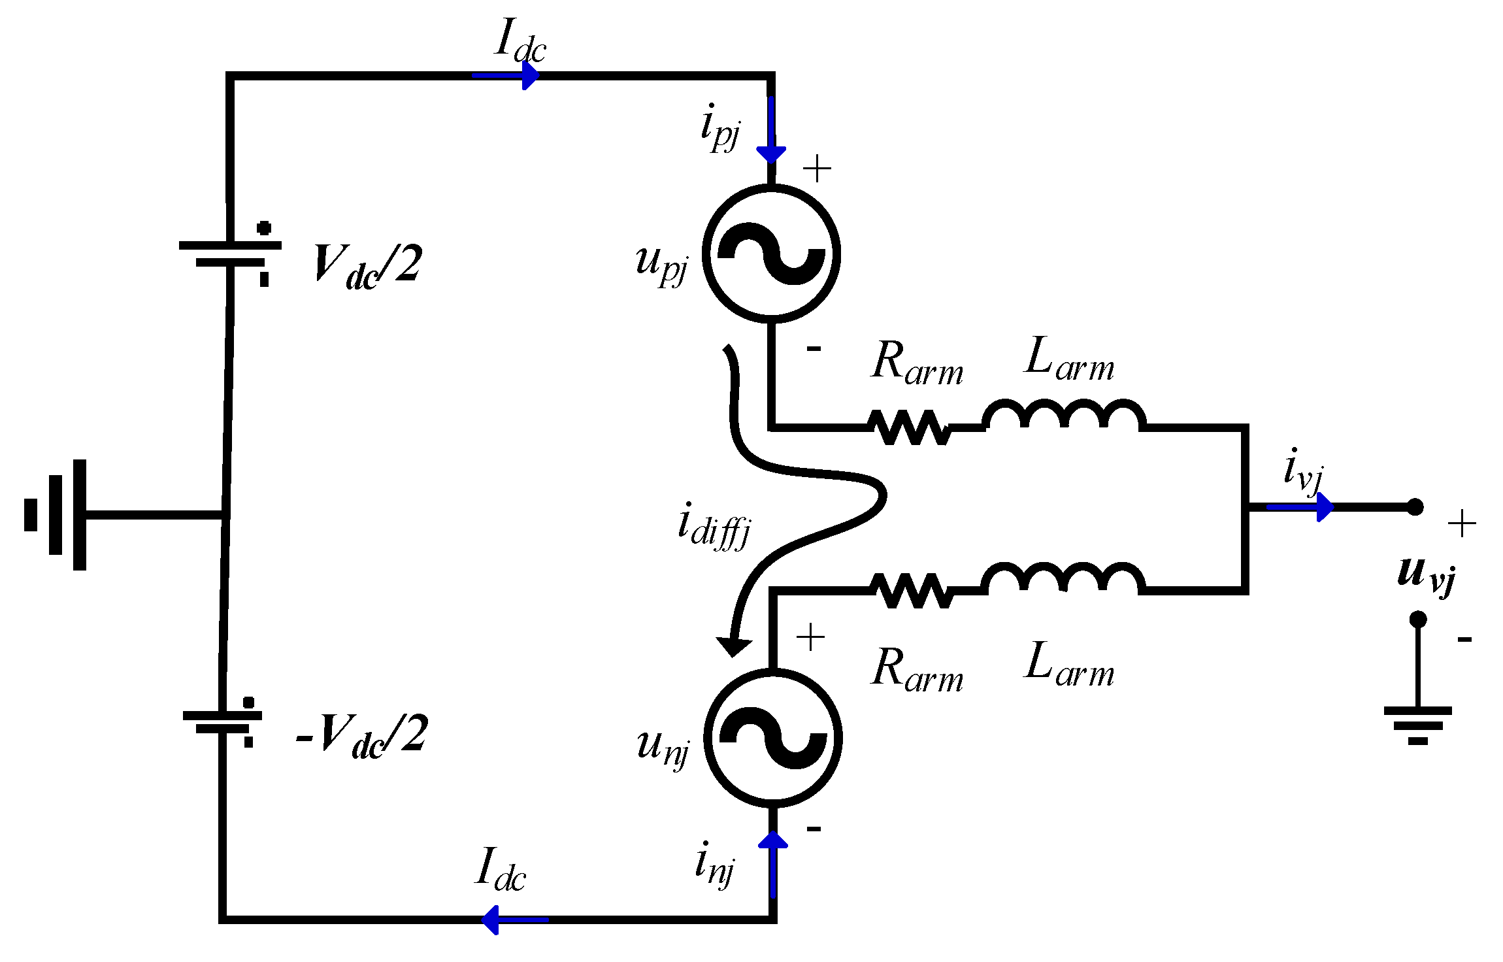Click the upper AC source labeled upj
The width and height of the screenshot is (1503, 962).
tap(772, 254)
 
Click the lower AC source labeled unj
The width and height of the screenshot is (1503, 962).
tap(773, 738)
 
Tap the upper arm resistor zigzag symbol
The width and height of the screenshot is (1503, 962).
tap(910, 427)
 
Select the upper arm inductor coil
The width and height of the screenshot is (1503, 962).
tap(1064, 416)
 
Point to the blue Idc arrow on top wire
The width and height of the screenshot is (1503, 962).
tap(506, 76)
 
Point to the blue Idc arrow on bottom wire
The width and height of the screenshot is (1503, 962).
tap(514, 920)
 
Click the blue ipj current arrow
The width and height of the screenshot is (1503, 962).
tap(771, 131)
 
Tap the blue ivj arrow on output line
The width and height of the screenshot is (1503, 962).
tap(1300, 507)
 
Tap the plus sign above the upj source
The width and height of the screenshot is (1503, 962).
tap(817, 169)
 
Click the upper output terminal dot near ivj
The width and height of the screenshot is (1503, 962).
tap(1415, 507)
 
